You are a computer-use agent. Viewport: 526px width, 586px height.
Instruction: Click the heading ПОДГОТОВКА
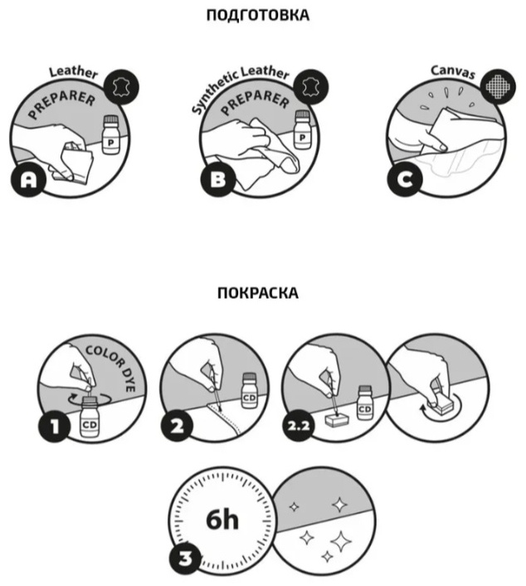258,15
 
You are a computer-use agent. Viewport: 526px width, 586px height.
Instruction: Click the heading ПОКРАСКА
258,293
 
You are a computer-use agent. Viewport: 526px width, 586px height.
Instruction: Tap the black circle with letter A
28,179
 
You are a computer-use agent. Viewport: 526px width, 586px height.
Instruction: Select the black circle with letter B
218,179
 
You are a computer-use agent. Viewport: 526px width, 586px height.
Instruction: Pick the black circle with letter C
405,179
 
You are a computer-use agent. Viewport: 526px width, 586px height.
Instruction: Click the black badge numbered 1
55,426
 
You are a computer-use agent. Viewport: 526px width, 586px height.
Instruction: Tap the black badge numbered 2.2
298,425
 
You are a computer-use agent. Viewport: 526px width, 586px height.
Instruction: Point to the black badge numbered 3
185,559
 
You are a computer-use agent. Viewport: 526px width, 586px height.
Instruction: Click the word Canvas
453,71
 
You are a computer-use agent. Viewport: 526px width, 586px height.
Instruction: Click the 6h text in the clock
222,520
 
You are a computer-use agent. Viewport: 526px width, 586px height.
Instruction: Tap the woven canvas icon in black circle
499,86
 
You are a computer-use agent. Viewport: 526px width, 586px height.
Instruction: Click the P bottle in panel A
110,134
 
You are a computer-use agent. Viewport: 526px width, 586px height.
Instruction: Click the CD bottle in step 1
90,417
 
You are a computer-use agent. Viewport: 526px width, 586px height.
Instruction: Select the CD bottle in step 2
249,391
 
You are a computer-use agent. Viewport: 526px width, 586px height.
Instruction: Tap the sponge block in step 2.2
338,419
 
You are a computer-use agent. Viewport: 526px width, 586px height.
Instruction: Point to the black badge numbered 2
177,425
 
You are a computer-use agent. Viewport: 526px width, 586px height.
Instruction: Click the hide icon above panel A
121,87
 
